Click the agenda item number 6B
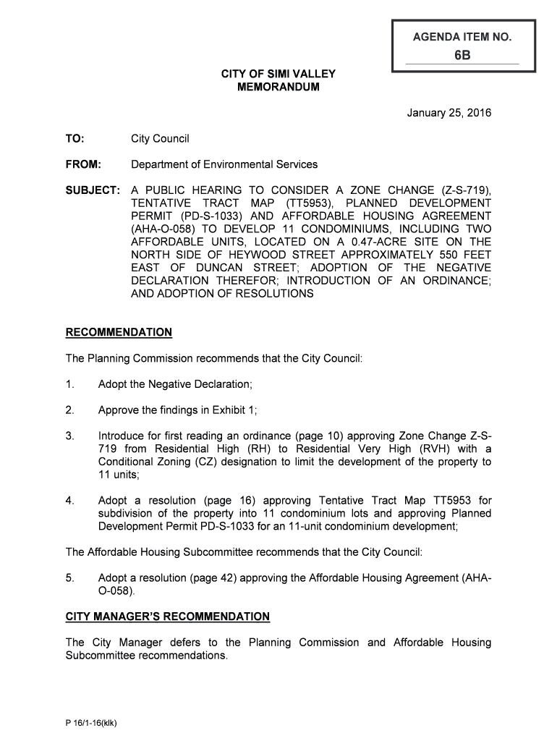coord(463,54)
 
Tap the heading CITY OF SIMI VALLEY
coord(278,74)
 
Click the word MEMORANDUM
coord(278,87)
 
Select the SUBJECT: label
coord(93,190)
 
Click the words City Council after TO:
coord(160,138)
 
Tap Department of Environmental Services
coord(224,164)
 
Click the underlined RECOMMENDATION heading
coord(119,332)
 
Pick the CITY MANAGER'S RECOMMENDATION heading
coord(168,617)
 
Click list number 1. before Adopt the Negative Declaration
coord(70,384)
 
